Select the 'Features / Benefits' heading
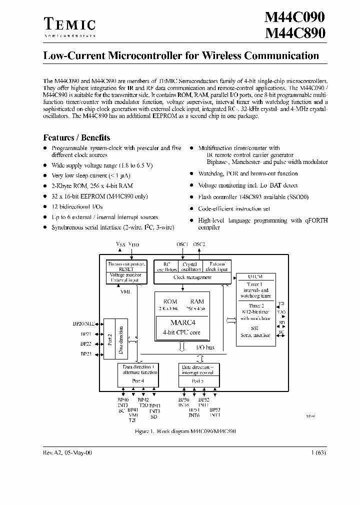pos(76,137)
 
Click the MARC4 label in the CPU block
pos(183,322)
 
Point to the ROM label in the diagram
pos(170,301)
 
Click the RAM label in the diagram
pos(197,301)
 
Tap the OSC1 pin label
pos(182,244)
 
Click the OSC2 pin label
pos(199,244)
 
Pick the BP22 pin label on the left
pos(85,344)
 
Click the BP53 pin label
pos(215,409)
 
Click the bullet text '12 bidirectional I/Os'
pos(76,206)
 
